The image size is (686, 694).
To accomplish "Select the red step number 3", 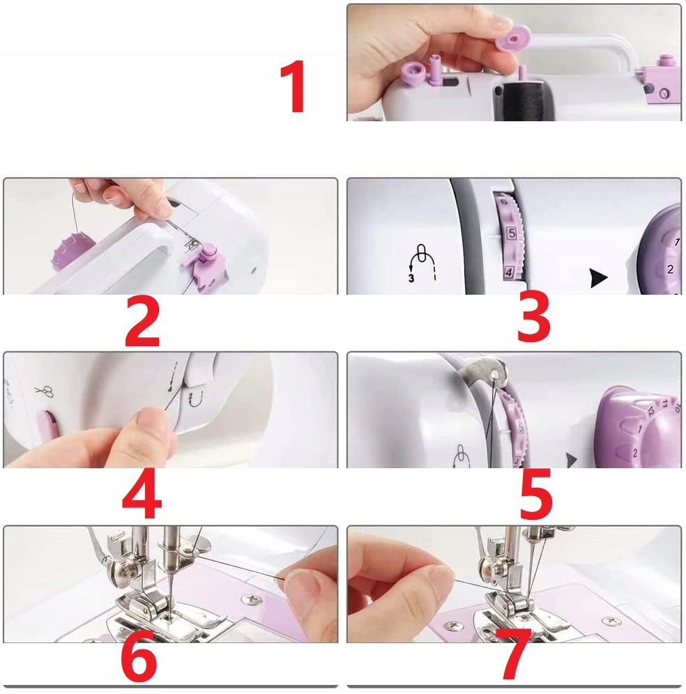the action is [534, 316].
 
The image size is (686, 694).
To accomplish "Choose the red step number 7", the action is [515, 654].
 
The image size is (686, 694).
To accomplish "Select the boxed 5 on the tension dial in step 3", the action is [512, 233].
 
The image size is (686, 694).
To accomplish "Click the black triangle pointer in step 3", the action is [598, 278].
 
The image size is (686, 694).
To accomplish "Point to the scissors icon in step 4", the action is [45, 391].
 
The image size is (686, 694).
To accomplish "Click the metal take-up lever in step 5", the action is [485, 371].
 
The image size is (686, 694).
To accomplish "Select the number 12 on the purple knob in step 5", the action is [650, 411].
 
